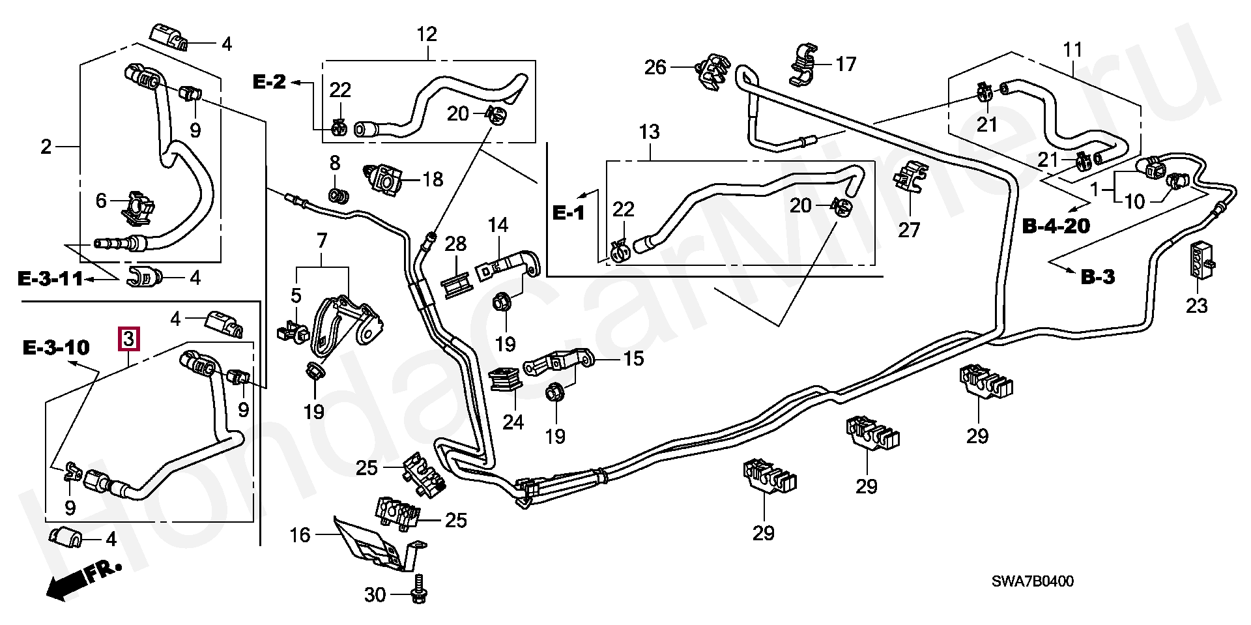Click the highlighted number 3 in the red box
click(128, 339)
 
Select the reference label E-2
click(269, 82)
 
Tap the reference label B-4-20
click(1056, 226)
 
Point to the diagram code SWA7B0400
click(1032, 581)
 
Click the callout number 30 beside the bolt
click(375, 594)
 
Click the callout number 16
click(300, 535)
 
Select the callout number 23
click(1196, 305)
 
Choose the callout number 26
click(655, 67)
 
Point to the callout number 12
click(427, 34)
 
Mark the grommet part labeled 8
click(338, 195)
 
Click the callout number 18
click(433, 179)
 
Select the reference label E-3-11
click(50, 280)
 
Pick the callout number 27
click(909, 229)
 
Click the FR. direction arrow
click(83, 579)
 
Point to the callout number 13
click(649, 132)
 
